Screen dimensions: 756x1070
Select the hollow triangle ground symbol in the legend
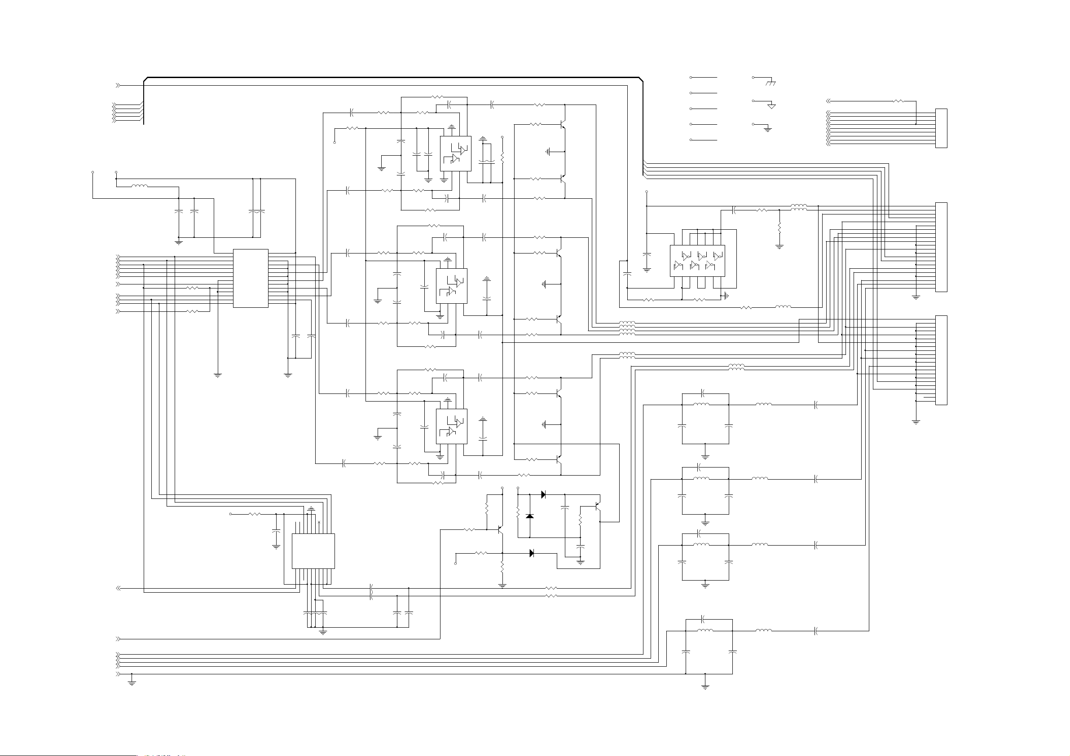(x=771, y=106)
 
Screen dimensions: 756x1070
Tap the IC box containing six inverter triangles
(x=697, y=261)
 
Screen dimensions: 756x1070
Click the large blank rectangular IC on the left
(x=250, y=278)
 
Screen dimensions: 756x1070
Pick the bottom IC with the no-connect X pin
(x=313, y=551)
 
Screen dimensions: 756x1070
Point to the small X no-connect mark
(x=319, y=523)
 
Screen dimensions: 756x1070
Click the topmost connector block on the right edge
(x=941, y=128)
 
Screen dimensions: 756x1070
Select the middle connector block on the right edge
(x=941, y=247)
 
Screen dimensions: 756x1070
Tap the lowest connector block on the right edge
(x=941, y=360)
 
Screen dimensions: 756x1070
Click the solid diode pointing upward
(x=529, y=516)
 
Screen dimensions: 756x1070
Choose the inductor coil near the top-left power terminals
(x=139, y=186)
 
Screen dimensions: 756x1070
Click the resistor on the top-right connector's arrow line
(x=898, y=101)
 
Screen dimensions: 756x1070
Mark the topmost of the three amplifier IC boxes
(x=455, y=154)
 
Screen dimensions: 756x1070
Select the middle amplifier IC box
(x=451, y=286)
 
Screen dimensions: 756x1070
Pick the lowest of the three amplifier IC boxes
(x=451, y=426)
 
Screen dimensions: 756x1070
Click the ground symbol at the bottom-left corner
(x=132, y=683)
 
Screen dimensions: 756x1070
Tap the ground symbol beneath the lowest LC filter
(x=705, y=686)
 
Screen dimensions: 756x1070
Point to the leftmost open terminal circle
(x=93, y=172)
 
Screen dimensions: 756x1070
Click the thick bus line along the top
(x=392, y=77)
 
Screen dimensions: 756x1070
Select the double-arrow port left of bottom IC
(x=119, y=588)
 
